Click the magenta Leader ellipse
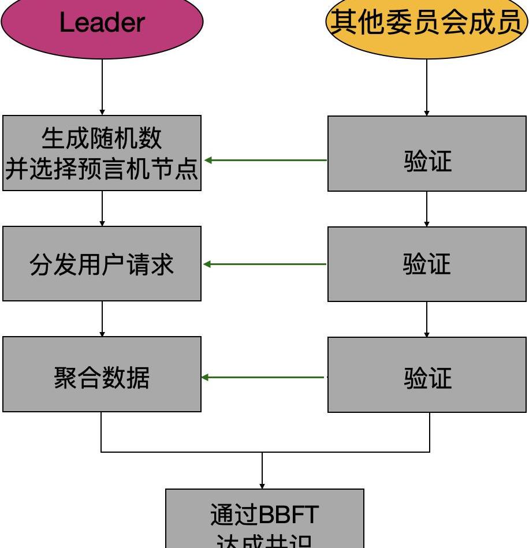coord(102,26)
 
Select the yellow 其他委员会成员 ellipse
coord(427,26)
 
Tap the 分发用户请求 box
coord(102,264)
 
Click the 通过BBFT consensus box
coord(264,520)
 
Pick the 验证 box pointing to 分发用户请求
coord(427,264)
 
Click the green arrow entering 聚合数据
coord(263,378)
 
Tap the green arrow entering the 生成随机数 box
coord(266,160)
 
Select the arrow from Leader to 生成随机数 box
coord(102,87)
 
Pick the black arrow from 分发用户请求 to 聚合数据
coord(102,319)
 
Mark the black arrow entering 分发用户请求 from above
coord(102,208)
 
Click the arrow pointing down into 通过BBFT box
coord(262,471)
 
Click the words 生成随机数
coord(102,139)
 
